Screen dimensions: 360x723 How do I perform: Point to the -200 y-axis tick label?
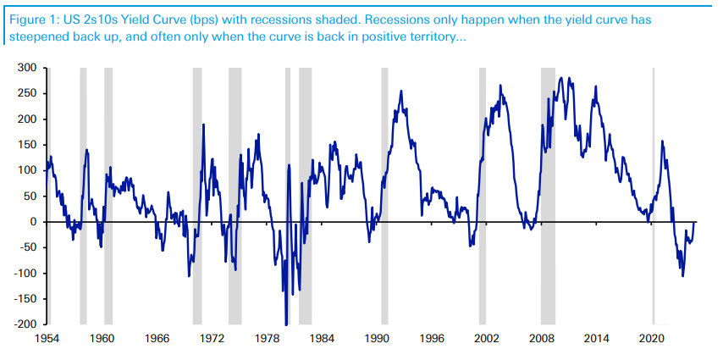pos(26,324)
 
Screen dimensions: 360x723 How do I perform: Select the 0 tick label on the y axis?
pos(35,222)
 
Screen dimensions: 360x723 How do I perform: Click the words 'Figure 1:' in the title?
pos(32,19)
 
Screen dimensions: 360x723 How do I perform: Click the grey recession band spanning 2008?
pos(548,195)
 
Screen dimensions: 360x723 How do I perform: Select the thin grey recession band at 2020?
pos(653,195)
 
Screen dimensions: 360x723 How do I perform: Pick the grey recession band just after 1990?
pos(384,195)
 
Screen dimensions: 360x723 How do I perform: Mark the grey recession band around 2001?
pos(482,195)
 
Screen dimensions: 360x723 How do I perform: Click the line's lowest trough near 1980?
pos(285,323)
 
